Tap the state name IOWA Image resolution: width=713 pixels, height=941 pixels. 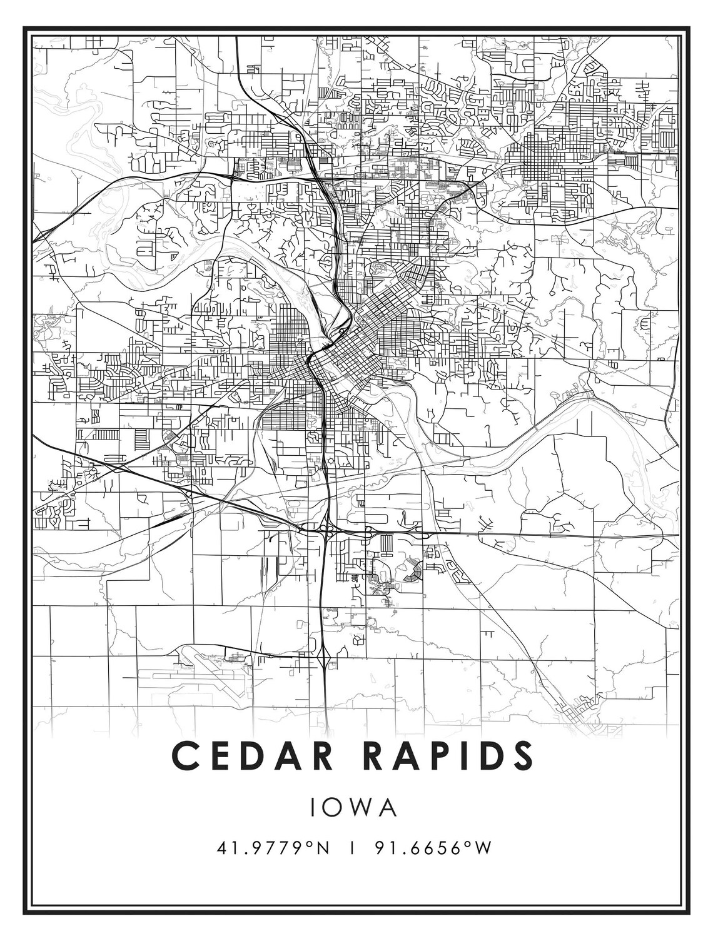click(354, 807)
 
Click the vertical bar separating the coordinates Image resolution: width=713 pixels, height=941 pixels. click(354, 848)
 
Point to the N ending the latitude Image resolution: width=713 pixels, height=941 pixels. click(322, 848)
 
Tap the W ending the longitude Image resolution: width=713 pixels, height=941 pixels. click(483, 848)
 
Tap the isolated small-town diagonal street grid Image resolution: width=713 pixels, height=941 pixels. click(579, 713)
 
